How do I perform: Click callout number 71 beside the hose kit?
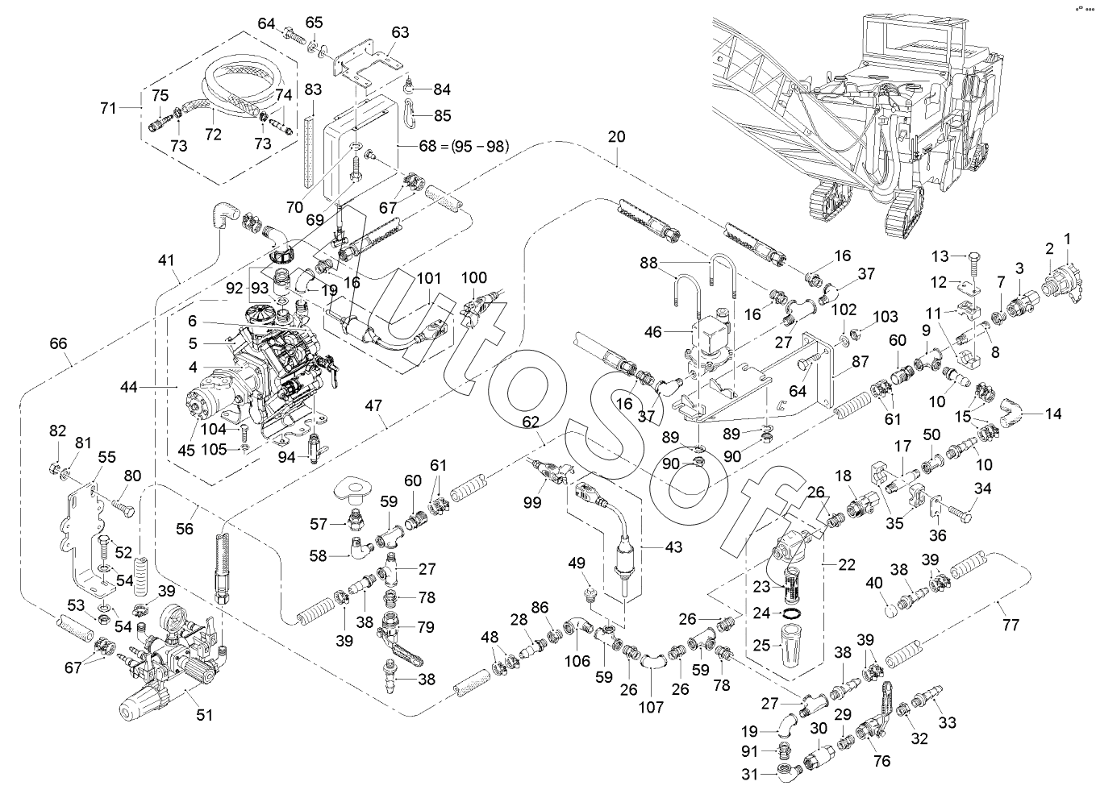coord(108,107)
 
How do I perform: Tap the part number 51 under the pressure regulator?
coord(206,715)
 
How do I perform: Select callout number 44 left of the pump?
coord(129,388)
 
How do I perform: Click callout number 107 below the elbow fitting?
coord(651,707)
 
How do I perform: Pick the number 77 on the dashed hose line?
coord(1011,624)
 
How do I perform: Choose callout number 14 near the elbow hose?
coord(1052,414)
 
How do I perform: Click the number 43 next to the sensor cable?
coord(673,547)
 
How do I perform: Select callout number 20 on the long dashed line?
coord(616,137)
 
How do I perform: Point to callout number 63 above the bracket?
coord(400,33)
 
